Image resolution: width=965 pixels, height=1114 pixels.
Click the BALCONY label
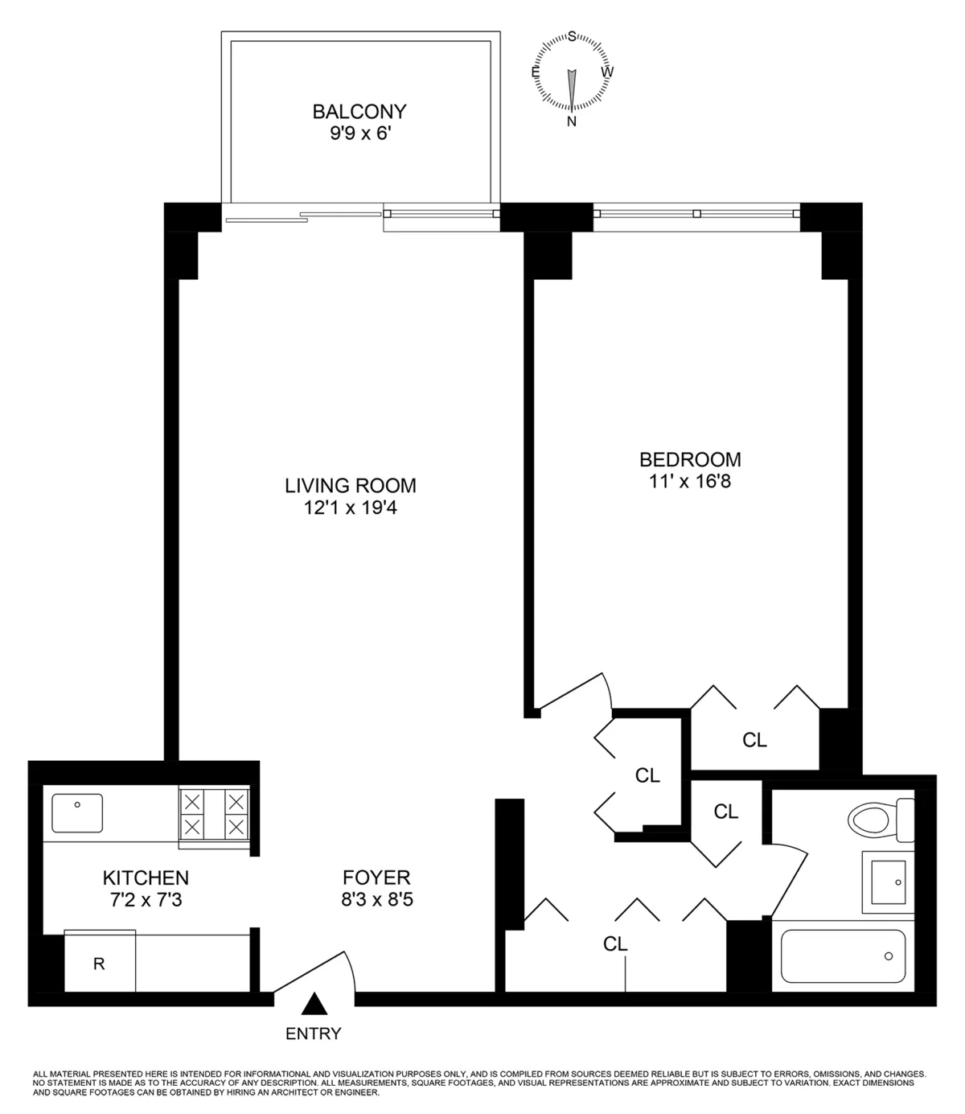[359, 111]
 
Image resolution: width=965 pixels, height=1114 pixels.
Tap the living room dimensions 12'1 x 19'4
[351, 508]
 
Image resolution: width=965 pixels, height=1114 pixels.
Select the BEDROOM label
[690, 459]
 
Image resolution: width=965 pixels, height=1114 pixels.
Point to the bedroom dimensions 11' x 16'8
[690, 482]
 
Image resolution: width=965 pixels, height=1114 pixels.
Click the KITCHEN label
[146, 878]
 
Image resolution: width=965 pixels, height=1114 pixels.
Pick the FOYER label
[376, 878]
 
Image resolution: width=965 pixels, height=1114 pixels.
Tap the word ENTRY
[314, 1034]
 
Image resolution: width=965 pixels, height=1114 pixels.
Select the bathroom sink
[888, 882]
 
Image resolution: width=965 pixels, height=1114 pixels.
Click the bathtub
[843, 956]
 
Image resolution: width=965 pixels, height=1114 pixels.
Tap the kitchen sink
[77, 812]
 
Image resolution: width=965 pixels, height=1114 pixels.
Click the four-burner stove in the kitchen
[214, 814]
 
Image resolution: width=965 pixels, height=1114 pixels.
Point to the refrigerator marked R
[99, 963]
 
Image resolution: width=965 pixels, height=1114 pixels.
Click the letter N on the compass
[572, 121]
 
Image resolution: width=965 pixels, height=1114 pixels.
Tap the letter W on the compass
[608, 72]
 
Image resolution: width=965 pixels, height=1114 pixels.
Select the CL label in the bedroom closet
[754, 740]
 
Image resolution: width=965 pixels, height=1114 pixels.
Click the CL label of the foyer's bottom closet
[615, 943]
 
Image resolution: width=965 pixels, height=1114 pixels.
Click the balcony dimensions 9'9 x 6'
[359, 134]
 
